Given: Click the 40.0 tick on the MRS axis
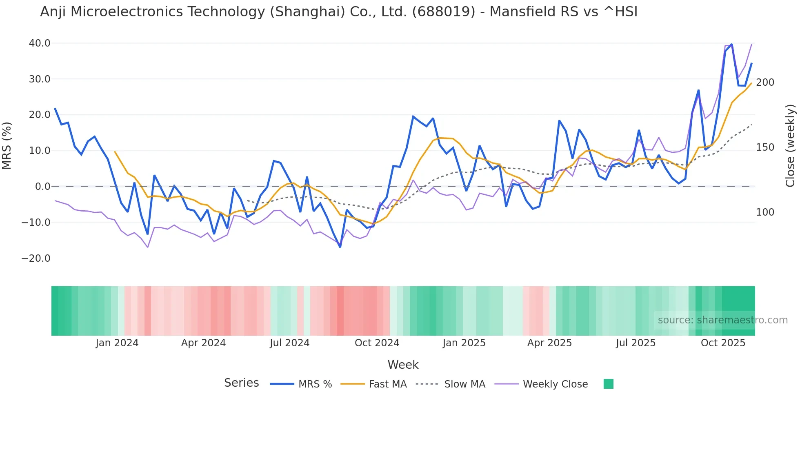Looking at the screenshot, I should tap(39, 43).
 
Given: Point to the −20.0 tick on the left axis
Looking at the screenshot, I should tap(36, 258).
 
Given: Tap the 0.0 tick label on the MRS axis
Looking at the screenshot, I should tap(42, 187).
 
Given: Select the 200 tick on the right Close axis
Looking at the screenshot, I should tap(765, 82).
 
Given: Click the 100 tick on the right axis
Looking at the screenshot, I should tap(765, 212).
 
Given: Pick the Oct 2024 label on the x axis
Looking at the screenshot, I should tap(377, 343).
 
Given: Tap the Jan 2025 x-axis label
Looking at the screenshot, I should tap(464, 343).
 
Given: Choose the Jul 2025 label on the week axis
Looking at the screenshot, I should tap(636, 343).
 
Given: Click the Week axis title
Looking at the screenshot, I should tap(403, 365).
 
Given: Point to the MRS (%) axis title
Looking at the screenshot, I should tap(7, 146).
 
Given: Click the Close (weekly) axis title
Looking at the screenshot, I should tap(790, 146).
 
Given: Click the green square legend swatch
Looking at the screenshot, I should tap(608, 384).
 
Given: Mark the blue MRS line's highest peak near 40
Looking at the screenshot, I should tap(731, 44).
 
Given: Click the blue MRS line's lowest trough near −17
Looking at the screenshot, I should tap(340, 247).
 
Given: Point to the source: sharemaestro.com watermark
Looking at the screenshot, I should tap(722, 320).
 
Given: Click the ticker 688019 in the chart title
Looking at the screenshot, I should tap(443, 12).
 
